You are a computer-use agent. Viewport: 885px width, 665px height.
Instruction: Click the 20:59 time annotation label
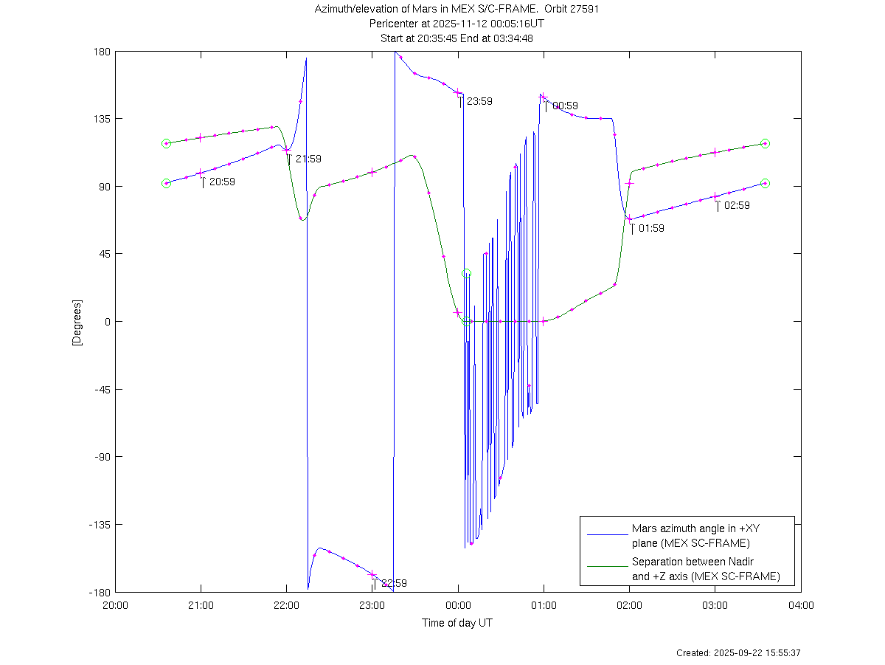[222, 182]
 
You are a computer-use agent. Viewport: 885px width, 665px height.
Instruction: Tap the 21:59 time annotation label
[308, 159]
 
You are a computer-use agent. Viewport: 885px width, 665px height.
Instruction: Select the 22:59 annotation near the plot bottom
[394, 583]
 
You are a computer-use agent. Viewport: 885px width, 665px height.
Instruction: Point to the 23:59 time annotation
[479, 102]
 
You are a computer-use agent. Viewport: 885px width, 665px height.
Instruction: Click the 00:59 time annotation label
[565, 106]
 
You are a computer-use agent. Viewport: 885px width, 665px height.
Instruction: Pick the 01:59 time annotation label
[651, 229]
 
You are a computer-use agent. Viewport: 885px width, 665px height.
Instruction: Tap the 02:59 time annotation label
[737, 206]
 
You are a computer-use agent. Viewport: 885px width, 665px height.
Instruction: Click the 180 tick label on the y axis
[102, 52]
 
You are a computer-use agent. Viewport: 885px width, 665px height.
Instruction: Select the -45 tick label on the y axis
[102, 389]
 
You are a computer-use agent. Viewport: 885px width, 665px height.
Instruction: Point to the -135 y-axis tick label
[100, 525]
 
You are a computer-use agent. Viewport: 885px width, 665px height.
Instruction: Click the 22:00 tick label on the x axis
[286, 605]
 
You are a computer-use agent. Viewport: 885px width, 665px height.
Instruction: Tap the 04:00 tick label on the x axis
[801, 605]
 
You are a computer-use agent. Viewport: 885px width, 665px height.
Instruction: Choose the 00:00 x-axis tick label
[458, 605]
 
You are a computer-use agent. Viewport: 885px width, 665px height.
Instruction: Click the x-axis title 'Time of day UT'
[457, 623]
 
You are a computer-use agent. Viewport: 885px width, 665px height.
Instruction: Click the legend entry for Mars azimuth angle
[690, 536]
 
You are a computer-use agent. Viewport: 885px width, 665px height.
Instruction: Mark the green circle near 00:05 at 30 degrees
[466, 274]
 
